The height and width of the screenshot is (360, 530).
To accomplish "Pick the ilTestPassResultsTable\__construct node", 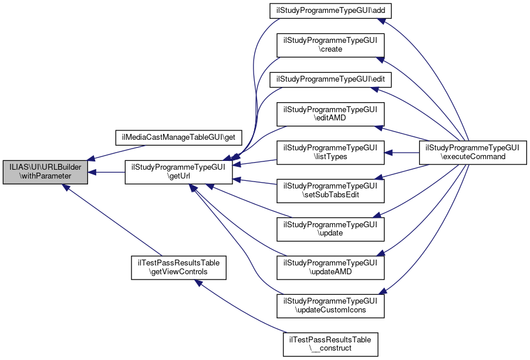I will (x=330, y=344).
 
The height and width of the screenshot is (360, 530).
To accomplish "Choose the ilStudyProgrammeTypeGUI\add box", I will (x=330, y=11).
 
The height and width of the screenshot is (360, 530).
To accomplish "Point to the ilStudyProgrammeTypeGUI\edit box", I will (x=330, y=79).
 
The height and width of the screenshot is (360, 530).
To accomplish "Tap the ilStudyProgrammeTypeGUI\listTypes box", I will (x=330, y=153).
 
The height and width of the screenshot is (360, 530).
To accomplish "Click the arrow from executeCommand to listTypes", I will (x=404, y=153).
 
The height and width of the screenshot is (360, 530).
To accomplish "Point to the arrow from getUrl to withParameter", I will (x=106, y=172).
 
